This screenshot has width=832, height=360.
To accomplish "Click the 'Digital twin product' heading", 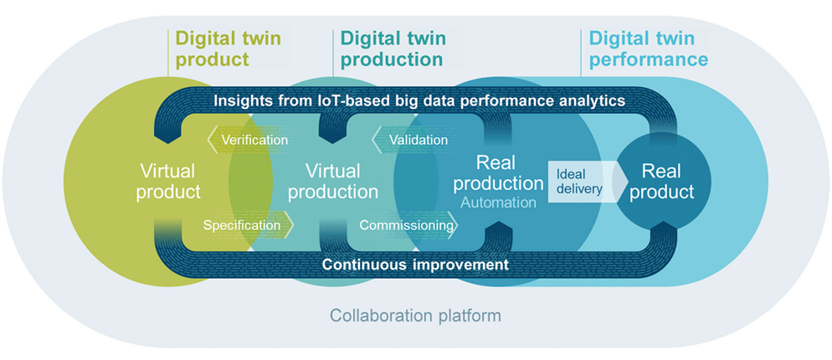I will [227, 49].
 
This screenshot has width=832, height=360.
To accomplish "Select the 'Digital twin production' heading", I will [393, 49].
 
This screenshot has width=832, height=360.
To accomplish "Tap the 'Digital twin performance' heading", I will [648, 49].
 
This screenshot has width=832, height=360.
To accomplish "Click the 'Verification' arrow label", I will [254, 140].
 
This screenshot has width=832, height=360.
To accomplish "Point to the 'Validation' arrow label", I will [417, 140].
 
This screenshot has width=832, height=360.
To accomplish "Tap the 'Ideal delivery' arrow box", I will [581, 179].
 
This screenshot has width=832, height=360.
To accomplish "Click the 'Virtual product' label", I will [170, 182].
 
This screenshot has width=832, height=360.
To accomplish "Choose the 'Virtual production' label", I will [333, 182].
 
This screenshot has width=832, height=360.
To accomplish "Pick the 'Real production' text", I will [510, 172].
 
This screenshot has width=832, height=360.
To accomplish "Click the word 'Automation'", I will [497, 202].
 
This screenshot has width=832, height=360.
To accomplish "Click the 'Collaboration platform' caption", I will [415, 316].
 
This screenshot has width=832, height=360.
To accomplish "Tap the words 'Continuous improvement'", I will [415, 264].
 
